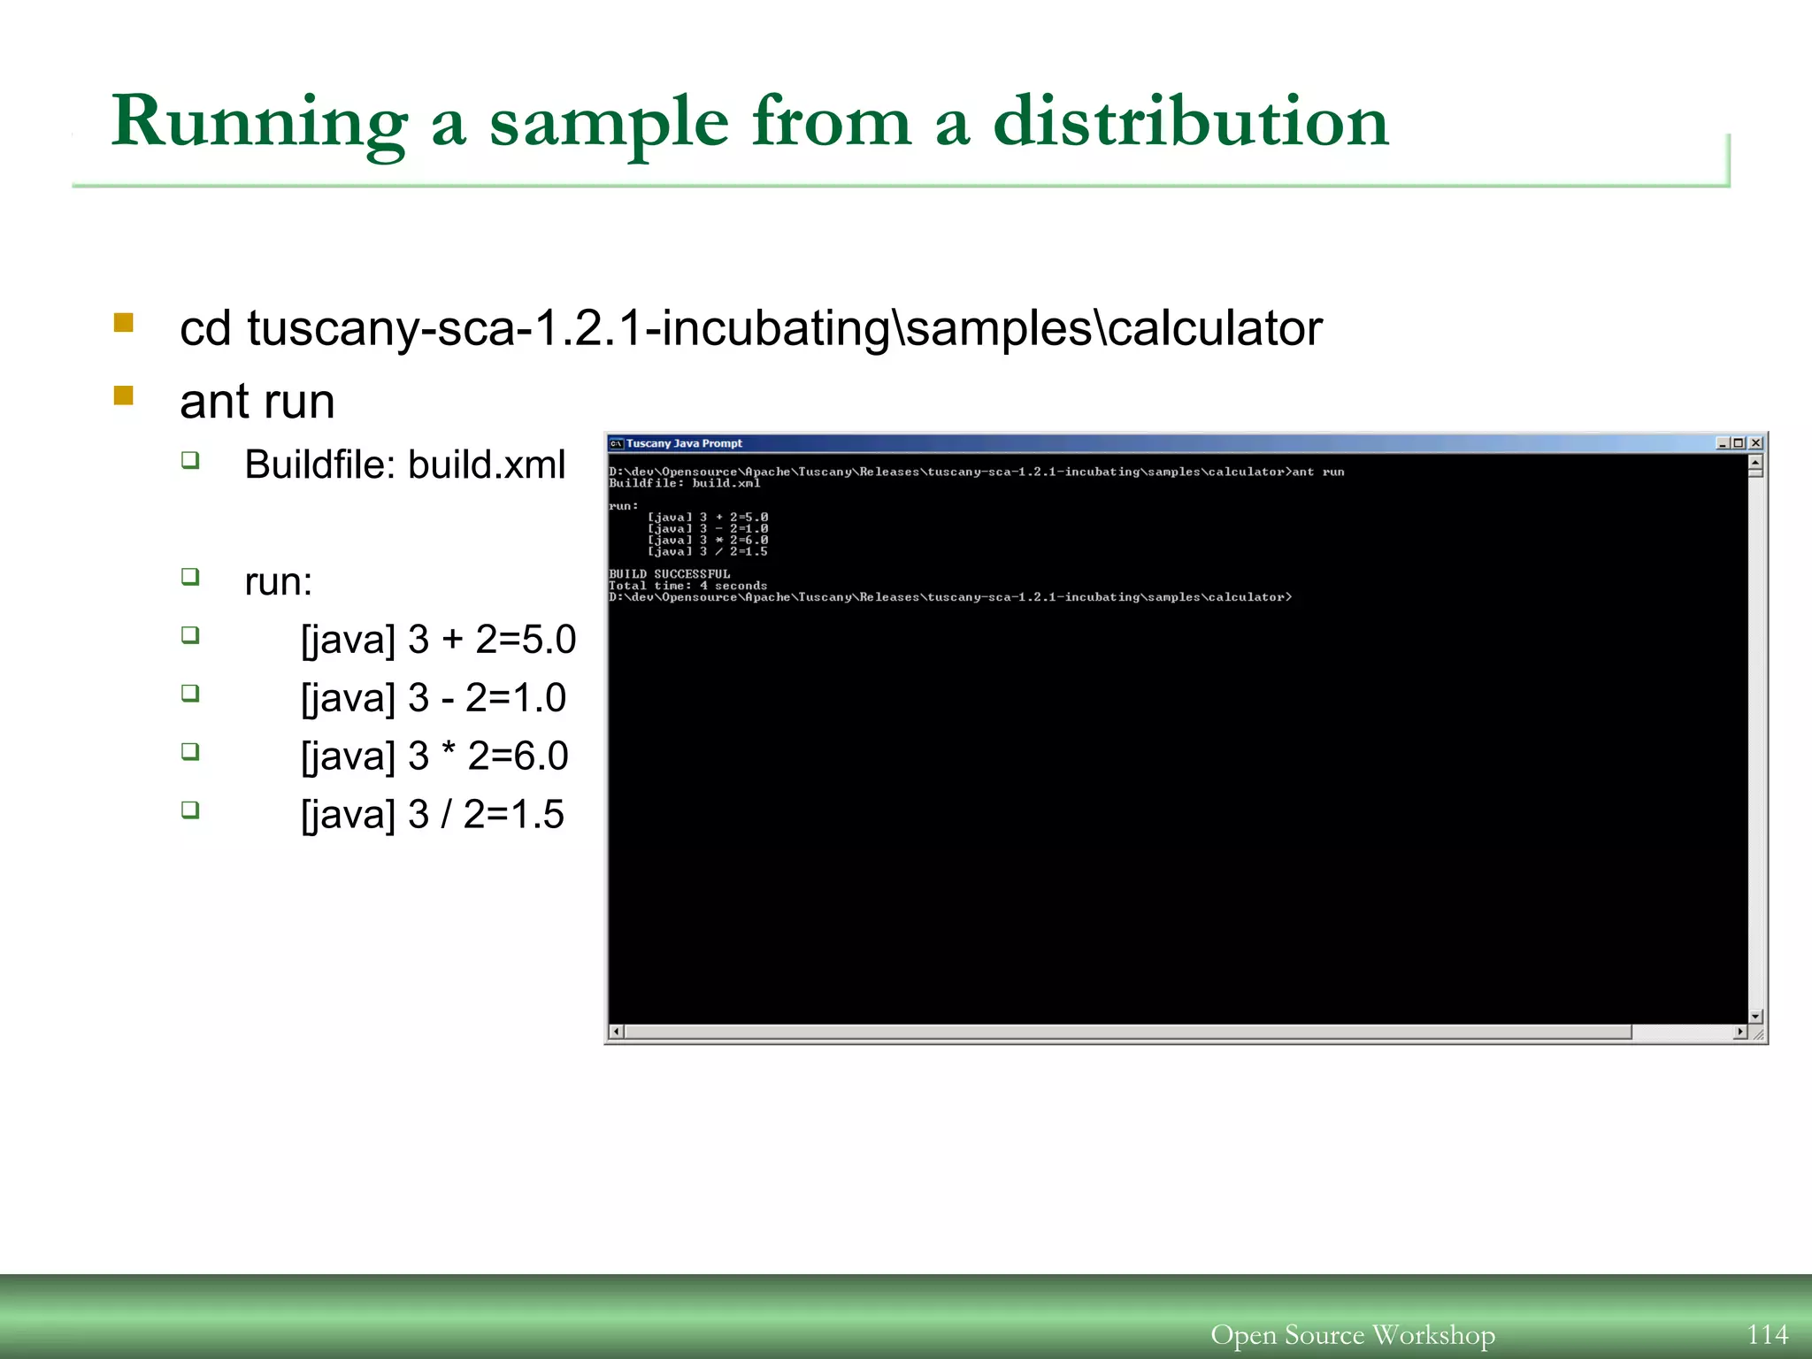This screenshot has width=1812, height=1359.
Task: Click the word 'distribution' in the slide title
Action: (1190, 122)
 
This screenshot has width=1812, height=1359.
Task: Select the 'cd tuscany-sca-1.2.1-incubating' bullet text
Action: (750, 329)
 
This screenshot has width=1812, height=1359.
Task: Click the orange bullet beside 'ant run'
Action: (124, 395)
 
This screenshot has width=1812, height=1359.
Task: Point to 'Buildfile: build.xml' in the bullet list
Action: (404, 465)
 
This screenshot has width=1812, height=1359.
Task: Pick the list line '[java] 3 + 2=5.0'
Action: (438, 640)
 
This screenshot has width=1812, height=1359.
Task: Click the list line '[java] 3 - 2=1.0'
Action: (433, 698)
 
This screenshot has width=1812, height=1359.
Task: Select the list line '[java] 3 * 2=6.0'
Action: (434, 756)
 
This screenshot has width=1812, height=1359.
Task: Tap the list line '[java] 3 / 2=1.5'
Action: (432, 815)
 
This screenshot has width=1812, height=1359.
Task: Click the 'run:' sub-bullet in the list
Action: (278, 582)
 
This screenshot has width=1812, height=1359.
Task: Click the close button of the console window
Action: (1755, 443)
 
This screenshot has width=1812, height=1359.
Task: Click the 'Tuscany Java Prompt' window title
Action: (684, 443)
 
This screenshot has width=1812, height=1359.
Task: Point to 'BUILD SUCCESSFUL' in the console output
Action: (670, 574)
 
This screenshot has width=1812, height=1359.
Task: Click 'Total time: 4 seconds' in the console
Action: (687, 586)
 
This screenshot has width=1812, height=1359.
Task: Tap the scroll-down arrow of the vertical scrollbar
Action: (1755, 1017)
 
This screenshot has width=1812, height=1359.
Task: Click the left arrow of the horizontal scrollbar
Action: (618, 1032)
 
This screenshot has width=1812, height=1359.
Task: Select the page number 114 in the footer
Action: (1767, 1334)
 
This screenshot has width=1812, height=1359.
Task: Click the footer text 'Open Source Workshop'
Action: (1352, 1334)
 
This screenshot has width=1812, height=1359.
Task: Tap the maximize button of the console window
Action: (1739, 443)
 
